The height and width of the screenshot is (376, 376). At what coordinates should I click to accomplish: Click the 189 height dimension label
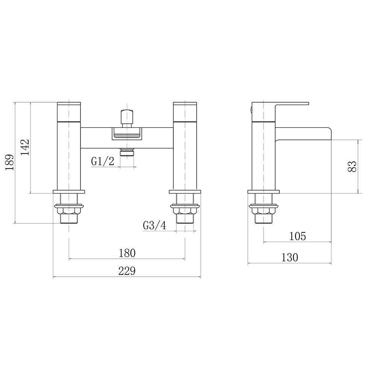10,162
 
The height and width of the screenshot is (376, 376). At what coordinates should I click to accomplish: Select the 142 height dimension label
25,147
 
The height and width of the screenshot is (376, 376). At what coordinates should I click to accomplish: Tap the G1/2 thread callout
103,161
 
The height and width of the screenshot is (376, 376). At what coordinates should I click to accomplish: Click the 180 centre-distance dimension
127,253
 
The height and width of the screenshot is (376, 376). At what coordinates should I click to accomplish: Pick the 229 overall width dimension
127,271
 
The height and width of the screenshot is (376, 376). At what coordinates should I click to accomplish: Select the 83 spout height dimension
352,166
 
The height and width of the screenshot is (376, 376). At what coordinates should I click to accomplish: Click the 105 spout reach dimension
297,236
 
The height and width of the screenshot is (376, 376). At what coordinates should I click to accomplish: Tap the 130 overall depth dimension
290,258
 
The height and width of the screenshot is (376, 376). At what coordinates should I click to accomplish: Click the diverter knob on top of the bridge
127,116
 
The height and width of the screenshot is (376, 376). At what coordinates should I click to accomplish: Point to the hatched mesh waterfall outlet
127,135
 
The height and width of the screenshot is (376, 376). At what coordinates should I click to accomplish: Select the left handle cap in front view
69,111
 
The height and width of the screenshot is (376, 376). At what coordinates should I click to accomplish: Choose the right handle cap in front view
185,111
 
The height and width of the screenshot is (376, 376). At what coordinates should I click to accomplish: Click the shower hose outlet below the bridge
127,152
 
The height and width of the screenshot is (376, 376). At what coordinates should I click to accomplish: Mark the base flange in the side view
264,192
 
